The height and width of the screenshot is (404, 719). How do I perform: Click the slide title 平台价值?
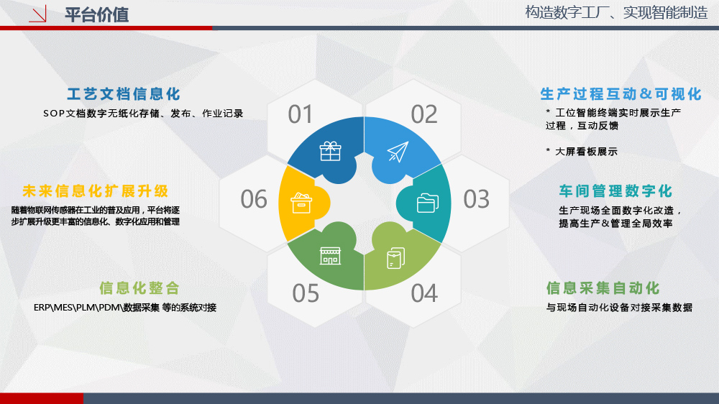click(96, 14)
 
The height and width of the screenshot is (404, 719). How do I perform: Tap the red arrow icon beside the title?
click(37, 14)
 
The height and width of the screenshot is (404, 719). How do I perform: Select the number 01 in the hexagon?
click(301, 114)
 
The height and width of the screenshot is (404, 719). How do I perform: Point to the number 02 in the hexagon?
click(424, 114)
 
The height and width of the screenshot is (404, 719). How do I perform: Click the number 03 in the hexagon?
click(477, 199)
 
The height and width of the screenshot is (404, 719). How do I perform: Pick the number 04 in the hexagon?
click(424, 293)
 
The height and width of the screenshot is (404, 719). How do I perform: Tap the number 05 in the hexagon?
click(306, 293)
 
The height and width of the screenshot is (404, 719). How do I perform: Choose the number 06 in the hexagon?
click(254, 199)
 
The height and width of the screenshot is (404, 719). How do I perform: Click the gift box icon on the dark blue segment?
click(330, 151)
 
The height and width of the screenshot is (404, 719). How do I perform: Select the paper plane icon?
click(398, 152)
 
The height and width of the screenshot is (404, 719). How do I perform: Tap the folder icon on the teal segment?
click(427, 203)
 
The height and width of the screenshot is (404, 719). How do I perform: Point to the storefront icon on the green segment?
click(330, 256)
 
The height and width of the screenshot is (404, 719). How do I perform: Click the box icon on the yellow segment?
click(301, 203)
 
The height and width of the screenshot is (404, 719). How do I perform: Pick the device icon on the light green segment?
click(395, 258)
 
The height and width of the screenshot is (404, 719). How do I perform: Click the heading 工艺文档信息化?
click(124, 94)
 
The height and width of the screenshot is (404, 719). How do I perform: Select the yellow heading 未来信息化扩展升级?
click(96, 190)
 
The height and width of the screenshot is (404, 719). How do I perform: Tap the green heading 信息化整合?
click(139, 288)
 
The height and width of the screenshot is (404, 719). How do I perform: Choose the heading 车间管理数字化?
click(615, 190)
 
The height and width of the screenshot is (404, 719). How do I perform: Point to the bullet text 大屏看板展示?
click(586, 152)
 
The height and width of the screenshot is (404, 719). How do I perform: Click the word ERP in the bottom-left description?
click(41, 307)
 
